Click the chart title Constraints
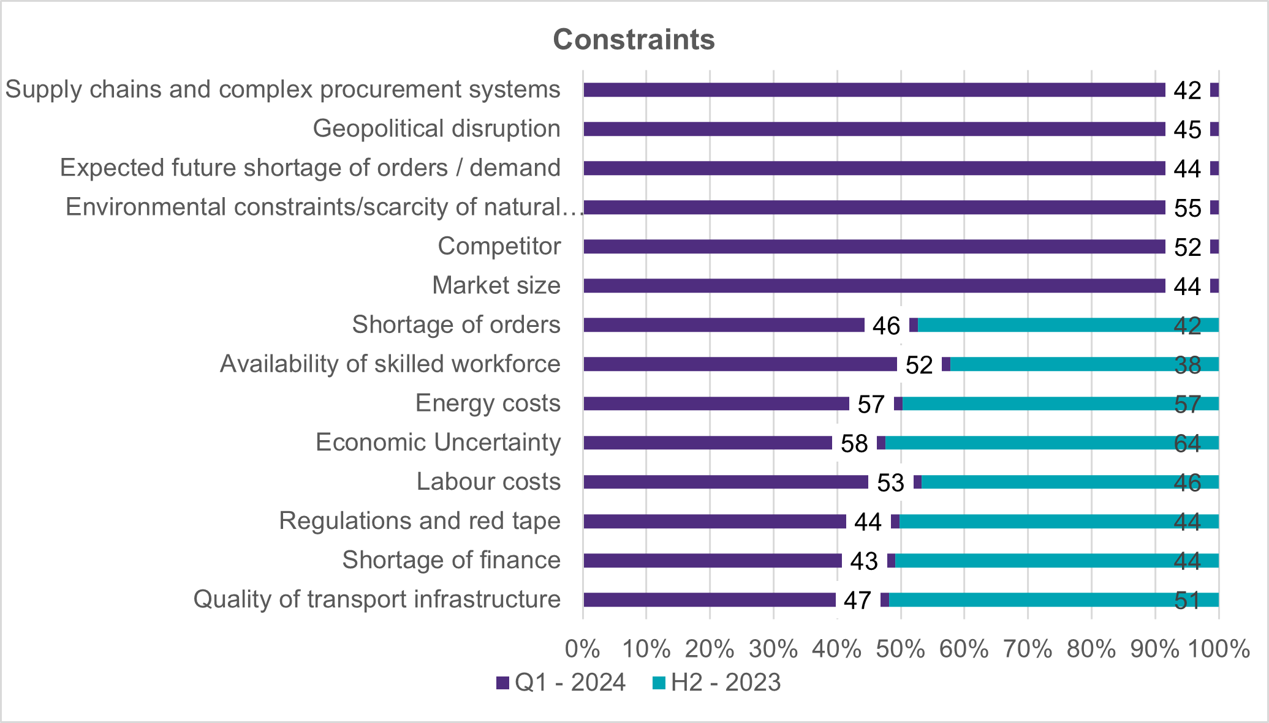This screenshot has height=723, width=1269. tap(634, 40)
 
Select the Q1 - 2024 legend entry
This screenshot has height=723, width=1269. tap(561, 683)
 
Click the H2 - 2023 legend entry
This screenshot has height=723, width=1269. tap(716, 683)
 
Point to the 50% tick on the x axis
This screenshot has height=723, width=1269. tap(900, 649)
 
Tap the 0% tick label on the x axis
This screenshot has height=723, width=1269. tap(583, 649)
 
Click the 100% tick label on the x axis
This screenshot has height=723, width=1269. tap(1218, 649)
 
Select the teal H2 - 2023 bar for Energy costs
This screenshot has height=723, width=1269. tap(1060, 403)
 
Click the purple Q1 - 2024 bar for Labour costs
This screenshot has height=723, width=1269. tap(725, 482)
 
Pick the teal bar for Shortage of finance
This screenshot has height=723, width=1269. tap(1056, 560)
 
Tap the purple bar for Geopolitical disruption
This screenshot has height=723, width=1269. tap(874, 129)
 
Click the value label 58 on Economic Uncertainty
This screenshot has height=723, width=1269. tap(854, 443)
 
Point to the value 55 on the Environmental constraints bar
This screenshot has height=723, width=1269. tap(1188, 208)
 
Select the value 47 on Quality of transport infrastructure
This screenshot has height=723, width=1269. tap(857, 600)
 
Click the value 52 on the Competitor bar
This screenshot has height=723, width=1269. tap(1188, 247)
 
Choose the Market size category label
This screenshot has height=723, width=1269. tap(496, 285)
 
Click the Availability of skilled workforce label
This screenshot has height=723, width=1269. tap(390, 364)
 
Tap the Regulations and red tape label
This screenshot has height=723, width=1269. tap(420, 521)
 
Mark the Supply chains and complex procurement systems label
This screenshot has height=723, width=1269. tap(282, 89)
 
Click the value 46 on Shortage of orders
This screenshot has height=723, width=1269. tap(886, 326)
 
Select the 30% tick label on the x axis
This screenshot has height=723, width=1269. tap(773, 649)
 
